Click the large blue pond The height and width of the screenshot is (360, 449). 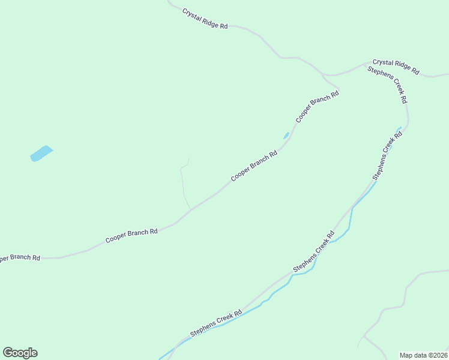(41, 154)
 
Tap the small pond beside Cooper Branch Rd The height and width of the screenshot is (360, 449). (286, 136)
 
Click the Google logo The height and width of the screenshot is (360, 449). (20, 353)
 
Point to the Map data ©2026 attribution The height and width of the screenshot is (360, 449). (424, 355)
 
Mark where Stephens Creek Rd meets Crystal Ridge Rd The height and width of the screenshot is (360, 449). (367, 64)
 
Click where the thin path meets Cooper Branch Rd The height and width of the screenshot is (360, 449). (191, 209)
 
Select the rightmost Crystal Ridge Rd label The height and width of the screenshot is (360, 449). (396, 66)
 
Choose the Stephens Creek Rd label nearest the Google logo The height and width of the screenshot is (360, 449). (216, 323)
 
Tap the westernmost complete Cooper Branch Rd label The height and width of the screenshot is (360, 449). (131, 235)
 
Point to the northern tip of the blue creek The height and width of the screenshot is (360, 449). (400, 127)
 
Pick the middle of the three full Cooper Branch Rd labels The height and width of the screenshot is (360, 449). (254, 166)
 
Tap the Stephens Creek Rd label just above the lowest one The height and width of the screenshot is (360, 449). (313, 251)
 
